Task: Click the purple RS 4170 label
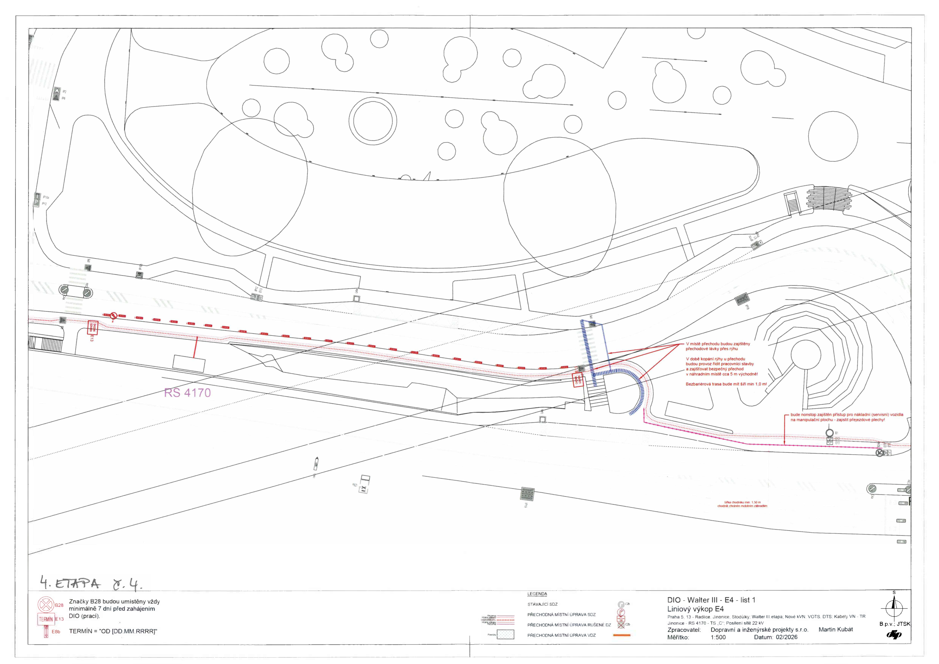[187, 393]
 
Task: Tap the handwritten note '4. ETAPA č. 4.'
[91, 583]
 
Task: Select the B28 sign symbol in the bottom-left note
[46, 605]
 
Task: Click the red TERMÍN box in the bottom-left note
[46, 619]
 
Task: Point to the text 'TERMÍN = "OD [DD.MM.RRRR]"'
[113, 631]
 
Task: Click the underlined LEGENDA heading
[537, 594]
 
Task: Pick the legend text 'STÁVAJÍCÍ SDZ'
[542, 604]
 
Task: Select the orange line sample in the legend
[622, 635]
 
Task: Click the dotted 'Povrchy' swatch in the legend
[505, 635]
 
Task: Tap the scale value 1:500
[718, 637]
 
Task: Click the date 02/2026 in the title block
[786, 637]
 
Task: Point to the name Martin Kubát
[836, 630]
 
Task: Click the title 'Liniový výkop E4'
[695, 609]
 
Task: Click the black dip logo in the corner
[894, 634]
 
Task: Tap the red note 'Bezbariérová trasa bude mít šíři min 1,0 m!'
[726, 384]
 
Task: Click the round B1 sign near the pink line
[830, 433]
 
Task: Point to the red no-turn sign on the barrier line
[114, 315]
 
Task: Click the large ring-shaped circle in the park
[373, 120]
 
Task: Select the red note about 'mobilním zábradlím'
[742, 506]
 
